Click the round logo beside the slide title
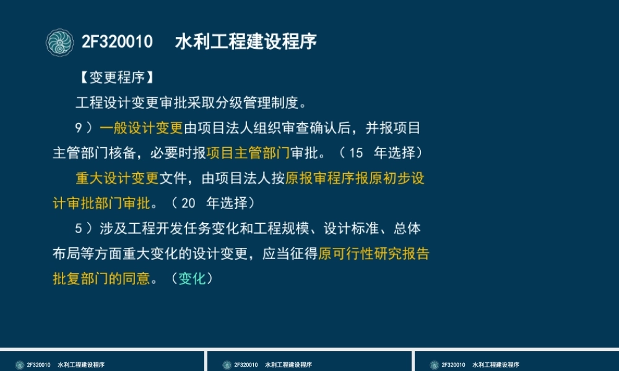tap(60, 42)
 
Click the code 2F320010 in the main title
tap(117, 42)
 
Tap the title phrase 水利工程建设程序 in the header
tap(246, 42)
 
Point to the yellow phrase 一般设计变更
tap(141, 128)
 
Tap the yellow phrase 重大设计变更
tap(118, 178)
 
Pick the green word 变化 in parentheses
tap(192, 279)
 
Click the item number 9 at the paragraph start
tap(79, 128)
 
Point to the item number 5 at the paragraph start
tap(79, 229)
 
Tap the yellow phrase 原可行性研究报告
tap(374, 254)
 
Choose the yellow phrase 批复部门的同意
tap(102, 279)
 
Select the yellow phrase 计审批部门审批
tap(102, 203)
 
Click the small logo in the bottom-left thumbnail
tap(20, 365)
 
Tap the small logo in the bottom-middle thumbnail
tap(227, 365)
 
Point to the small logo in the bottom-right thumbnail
tap(435, 365)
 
